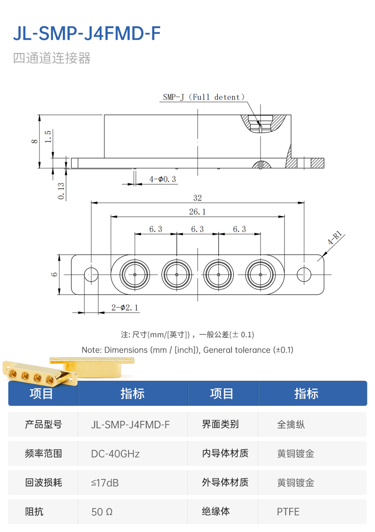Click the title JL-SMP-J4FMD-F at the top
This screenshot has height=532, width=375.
click(x=87, y=33)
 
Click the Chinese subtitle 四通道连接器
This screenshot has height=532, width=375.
click(x=52, y=58)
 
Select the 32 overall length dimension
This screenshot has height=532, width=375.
click(x=197, y=198)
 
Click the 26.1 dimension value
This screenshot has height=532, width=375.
click(x=197, y=212)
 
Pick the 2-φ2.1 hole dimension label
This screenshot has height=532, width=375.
click(x=125, y=308)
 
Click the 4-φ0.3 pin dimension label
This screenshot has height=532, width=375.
click(x=162, y=179)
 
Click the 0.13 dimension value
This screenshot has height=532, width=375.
click(x=61, y=190)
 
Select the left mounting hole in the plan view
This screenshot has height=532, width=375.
click(x=91, y=274)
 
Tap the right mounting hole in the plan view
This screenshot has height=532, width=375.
click(x=304, y=274)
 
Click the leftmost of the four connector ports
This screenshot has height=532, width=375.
click(x=135, y=274)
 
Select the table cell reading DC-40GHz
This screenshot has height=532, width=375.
click(x=115, y=454)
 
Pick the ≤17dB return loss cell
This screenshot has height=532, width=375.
click(x=105, y=482)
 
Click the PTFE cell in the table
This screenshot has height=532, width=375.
click(x=288, y=511)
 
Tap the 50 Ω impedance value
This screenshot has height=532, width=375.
click(x=102, y=511)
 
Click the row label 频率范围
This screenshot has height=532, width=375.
click(x=43, y=454)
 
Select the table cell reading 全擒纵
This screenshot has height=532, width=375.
click(x=291, y=425)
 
